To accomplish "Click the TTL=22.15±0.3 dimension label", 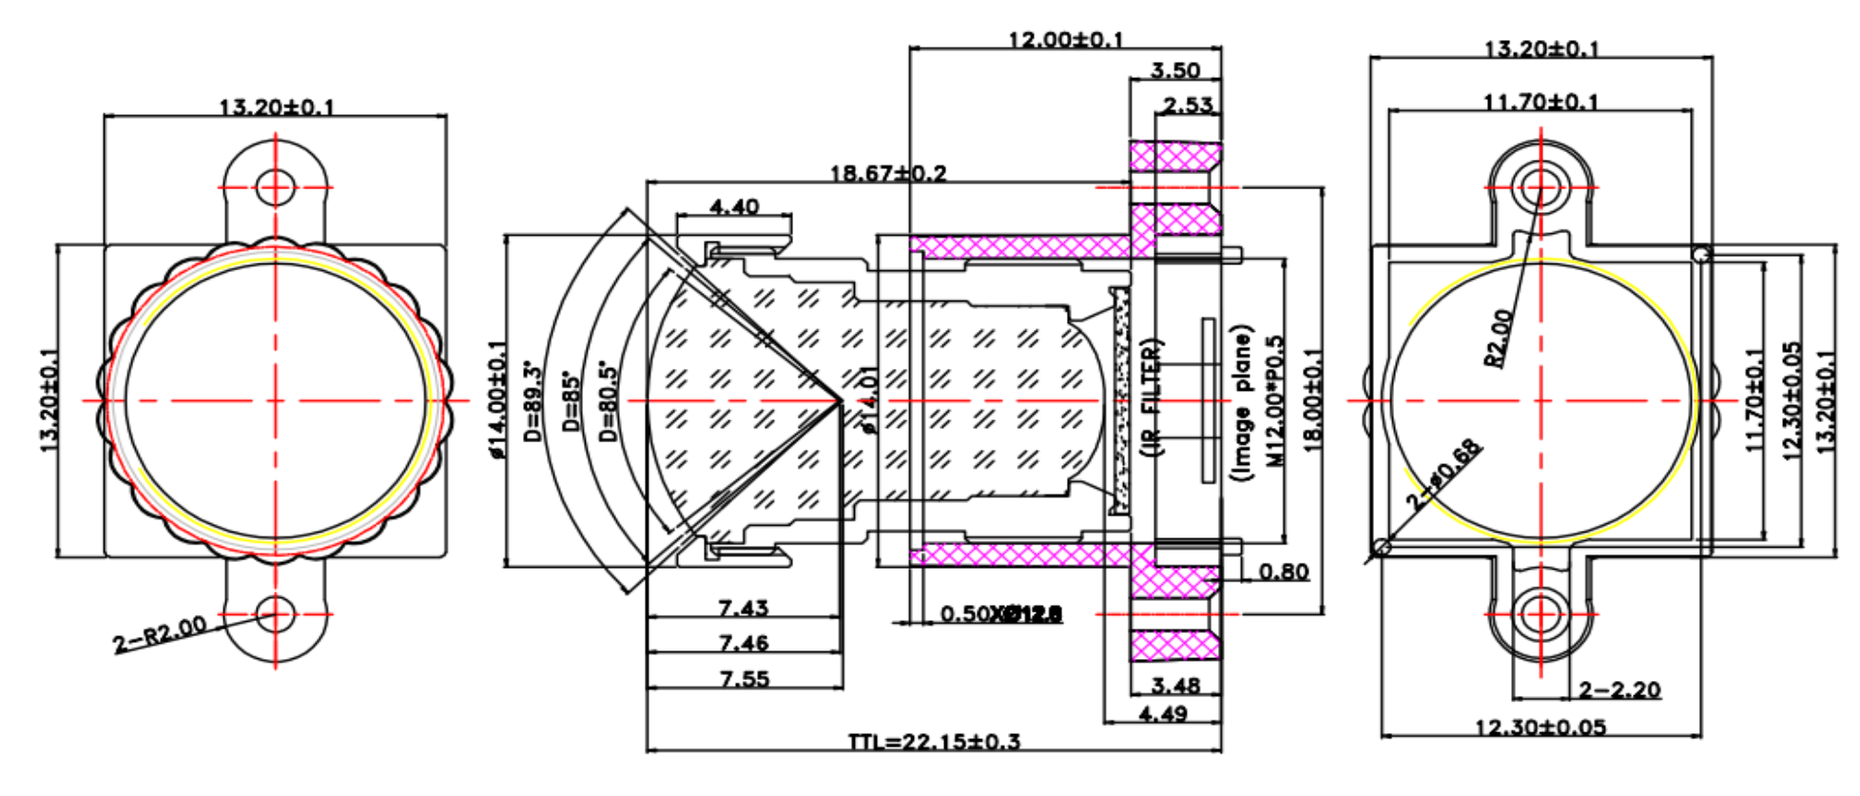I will click(934, 741).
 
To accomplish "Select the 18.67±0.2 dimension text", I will click(887, 173).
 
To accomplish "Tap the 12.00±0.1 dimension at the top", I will click(1065, 39).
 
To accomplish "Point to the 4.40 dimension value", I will click(734, 206).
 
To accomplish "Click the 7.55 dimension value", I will click(744, 679).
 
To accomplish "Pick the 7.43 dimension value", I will click(743, 608).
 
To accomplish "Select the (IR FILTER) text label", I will click(1151, 399).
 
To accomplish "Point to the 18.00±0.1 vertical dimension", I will click(1312, 399).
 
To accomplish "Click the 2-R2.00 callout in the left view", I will click(159, 635).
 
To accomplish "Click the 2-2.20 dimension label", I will click(1619, 689).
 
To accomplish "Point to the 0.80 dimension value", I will click(1283, 572).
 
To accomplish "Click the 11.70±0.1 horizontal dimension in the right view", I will click(1540, 101).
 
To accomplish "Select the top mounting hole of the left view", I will click(276, 186).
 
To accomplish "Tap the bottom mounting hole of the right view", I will click(1540, 614).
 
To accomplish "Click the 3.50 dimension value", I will click(1174, 70).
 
